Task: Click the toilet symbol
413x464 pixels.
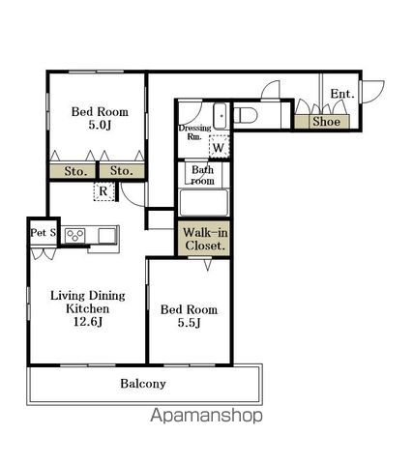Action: (x=245, y=115)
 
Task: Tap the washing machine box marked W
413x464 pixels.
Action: (x=219, y=147)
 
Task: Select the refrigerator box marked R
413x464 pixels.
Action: (x=103, y=191)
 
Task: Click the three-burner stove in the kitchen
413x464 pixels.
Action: (x=75, y=236)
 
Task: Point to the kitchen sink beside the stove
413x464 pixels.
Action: (x=106, y=235)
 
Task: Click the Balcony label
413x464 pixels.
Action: (x=143, y=384)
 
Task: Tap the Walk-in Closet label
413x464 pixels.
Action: (x=205, y=239)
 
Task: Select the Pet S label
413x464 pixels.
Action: (x=44, y=232)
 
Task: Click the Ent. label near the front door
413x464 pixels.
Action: (x=342, y=94)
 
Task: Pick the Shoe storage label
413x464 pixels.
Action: (x=326, y=122)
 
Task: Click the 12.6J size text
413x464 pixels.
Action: (x=88, y=322)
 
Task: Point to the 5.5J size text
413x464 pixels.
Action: (x=190, y=323)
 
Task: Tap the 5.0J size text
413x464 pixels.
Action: (x=100, y=125)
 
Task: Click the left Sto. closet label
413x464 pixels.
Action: (x=75, y=171)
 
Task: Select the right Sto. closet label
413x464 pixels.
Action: (x=122, y=170)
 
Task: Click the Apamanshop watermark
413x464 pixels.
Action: (x=206, y=416)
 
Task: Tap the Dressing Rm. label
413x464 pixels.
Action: (x=194, y=132)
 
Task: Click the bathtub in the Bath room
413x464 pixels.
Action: (x=204, y=203)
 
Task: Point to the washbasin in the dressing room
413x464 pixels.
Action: (x=221, y=116)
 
